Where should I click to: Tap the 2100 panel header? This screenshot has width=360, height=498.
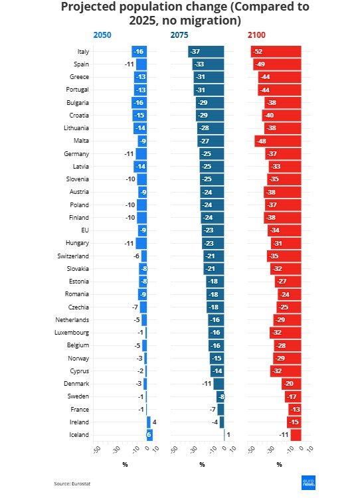[x=257, y=35]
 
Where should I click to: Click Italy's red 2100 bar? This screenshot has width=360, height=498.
[x=276, y=52]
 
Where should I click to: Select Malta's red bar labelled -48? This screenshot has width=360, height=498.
[x=278, y=141]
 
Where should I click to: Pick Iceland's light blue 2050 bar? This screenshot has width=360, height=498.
[x=149, y=435]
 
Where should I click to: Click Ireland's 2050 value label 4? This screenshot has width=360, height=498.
[x=155, y=422]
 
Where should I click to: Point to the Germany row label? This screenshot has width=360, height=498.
[x=77, y=154]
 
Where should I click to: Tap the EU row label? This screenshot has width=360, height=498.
[x=84, y=230]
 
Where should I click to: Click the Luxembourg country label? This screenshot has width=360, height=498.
[x=72, y=333]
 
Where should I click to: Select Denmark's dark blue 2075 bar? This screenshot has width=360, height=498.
[x=219, y=384]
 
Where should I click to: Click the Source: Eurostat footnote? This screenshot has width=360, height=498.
[x=72, y=483]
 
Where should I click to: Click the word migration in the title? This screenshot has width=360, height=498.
[x=210, y=21]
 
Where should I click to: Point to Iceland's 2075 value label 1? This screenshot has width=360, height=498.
[x=228, y=435]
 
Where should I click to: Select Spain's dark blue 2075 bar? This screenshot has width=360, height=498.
[x=209, y=64]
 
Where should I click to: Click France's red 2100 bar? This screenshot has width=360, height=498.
[x=295, y=410]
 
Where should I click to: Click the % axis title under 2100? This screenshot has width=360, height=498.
[x=279, y=464]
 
